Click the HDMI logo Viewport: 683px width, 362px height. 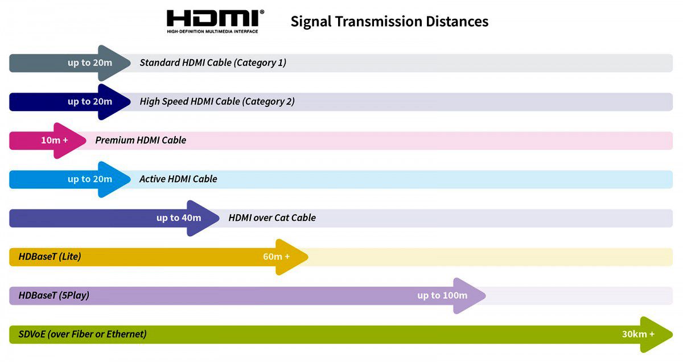click(x=215, y=21)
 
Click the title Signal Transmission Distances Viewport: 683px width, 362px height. click(x=389, y=22)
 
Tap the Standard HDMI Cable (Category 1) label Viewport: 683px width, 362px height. click(x=213, y=63)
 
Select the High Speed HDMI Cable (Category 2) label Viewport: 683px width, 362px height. click(x=217, y=101)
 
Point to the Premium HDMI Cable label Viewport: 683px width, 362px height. click(x=141, y=140)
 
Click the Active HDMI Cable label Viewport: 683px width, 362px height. click(x=178, y=179)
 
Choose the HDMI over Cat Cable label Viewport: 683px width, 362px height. click(x=272, y=217)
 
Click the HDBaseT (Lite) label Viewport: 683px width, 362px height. click(x=50, y=256)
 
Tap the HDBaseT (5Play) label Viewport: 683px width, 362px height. click(x=54, y=295)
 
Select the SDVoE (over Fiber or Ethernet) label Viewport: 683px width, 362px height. click(x=82, y=334)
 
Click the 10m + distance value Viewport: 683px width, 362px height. click(x=54, y=140)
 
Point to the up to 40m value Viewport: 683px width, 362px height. click(x=179, y=217)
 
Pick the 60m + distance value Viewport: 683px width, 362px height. click(x=276, y=256)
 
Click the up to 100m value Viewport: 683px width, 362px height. click(x=442, y=295)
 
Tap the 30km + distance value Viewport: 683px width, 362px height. click(x=638, y=334)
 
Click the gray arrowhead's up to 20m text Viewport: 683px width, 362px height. click(x=90, y=63)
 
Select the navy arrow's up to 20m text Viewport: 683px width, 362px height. click(x=90, y=101)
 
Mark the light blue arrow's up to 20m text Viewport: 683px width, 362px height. click(x=90, y=179)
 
